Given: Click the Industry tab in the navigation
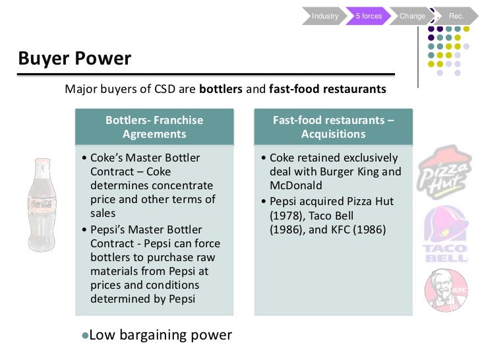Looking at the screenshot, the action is click(325, 16).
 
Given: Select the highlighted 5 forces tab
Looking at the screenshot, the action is click(369, 16).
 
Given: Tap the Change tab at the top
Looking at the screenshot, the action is click(412, 16).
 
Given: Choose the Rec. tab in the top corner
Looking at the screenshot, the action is click(456, 16).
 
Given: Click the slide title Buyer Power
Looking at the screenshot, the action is click(75, 59).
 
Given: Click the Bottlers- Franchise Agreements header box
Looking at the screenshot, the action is click(154, 127).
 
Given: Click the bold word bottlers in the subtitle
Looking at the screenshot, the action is click(221, 89).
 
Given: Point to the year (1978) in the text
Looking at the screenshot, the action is click(285, 215).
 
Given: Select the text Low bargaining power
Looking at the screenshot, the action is click(160, 335).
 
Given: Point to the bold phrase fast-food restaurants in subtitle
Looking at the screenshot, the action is click(327, 89).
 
